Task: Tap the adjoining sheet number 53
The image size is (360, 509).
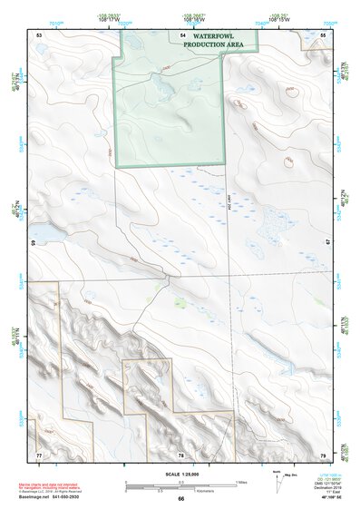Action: point(39,34)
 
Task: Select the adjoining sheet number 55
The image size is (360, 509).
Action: point(323,34)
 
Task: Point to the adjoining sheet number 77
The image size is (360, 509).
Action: point(39,453)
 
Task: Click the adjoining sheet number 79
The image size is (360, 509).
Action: point(323,453)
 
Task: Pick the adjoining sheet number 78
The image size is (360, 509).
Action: point(180,454)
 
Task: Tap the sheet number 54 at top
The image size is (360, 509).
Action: point(181,34)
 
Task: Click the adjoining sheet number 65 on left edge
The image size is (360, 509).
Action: point(33,244)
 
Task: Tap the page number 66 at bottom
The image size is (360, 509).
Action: point(180,499)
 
